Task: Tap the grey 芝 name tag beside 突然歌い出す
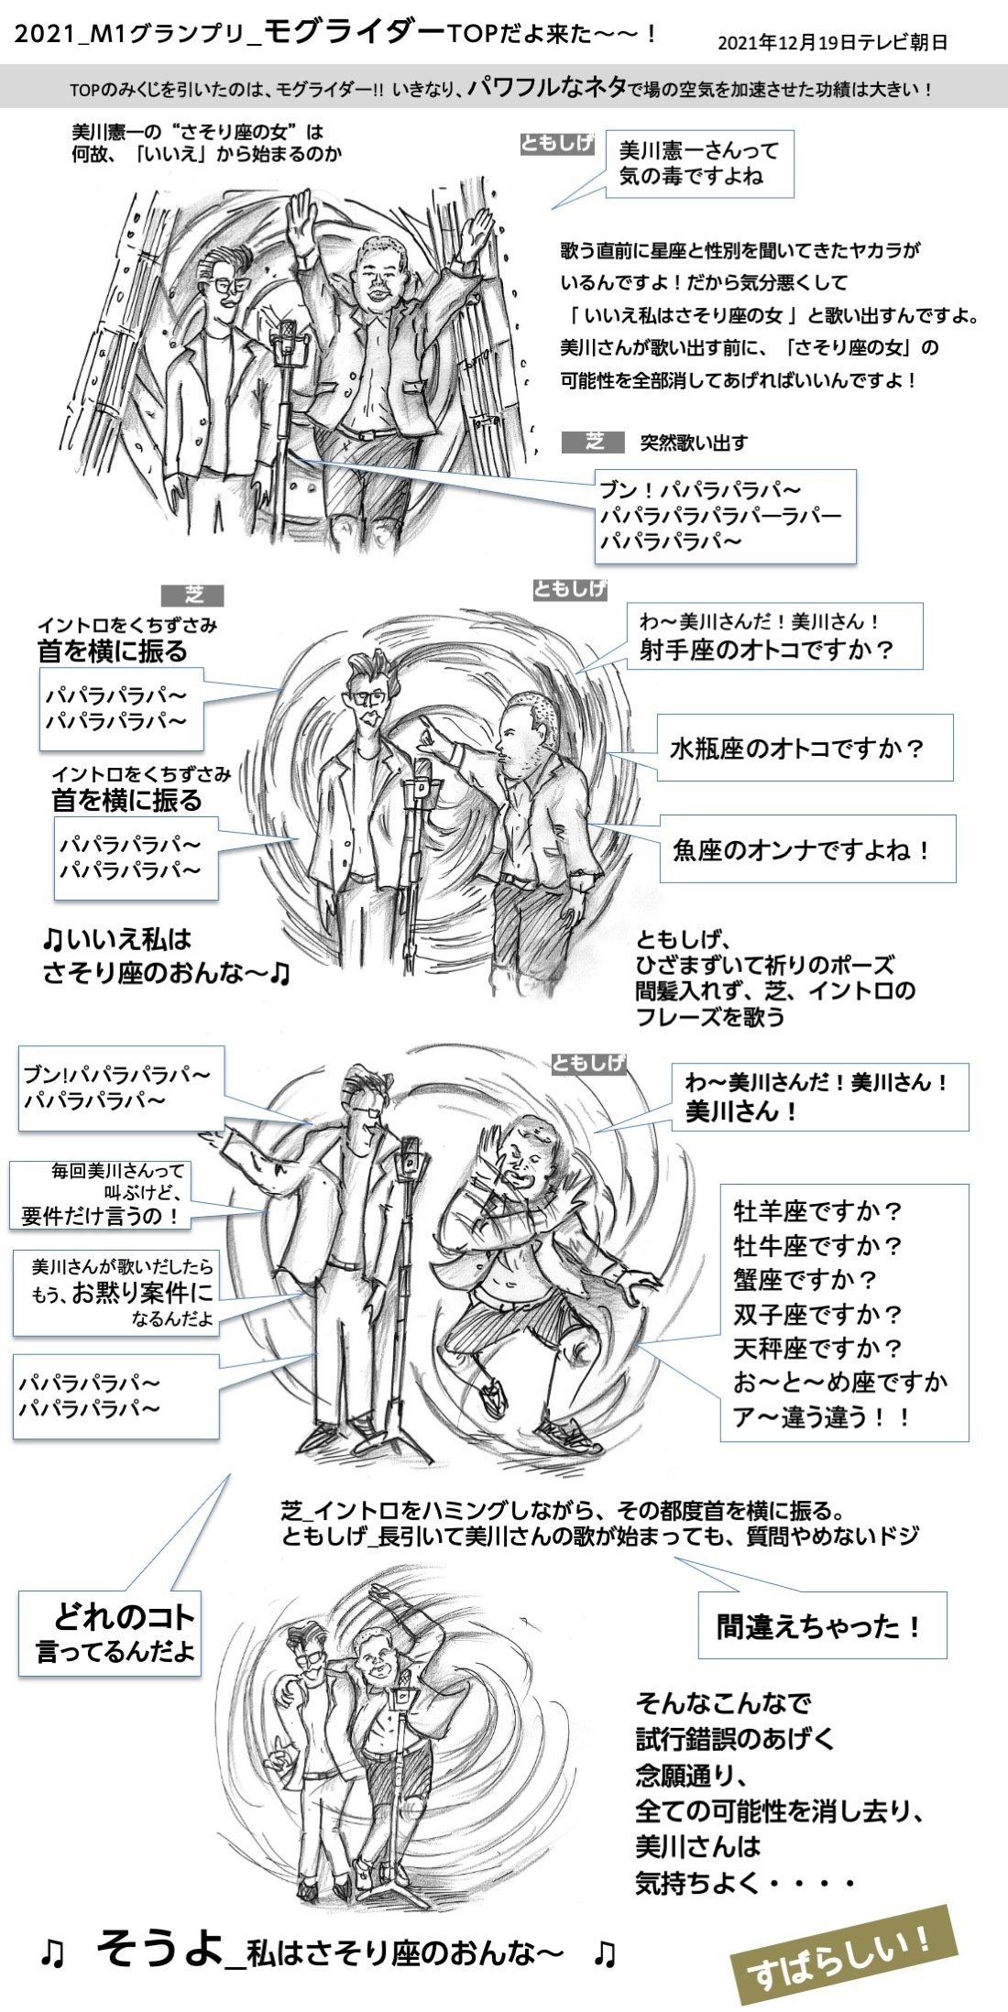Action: click(594, 442)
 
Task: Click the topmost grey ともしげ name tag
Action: click(557, 144)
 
